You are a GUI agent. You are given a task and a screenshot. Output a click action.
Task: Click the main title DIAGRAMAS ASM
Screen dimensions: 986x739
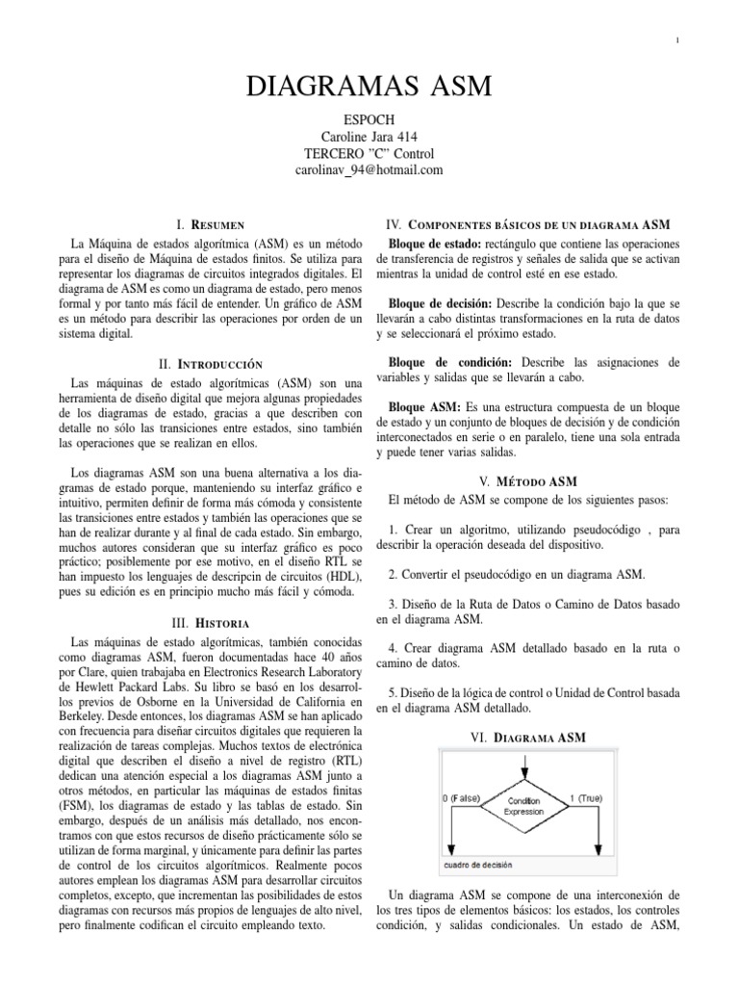pyautogui.click(x=369, y=88)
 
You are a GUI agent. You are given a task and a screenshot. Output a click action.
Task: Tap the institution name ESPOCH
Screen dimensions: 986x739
pyautogui.click(x=369, y=120)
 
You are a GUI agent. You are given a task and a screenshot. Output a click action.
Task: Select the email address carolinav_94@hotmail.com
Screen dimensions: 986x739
pyautogui.click(x=369, y=169)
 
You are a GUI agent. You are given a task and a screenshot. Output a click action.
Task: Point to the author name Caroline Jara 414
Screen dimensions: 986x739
pyautogui.click(x=369, y=137)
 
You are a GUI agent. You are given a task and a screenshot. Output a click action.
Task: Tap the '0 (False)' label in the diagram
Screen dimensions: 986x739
pyautogui.click(x=464, y=798)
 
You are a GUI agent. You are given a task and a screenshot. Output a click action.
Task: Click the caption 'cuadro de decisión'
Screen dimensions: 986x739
pyautogui.click(x=478, y=864)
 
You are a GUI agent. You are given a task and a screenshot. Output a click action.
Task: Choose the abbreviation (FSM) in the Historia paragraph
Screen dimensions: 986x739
pyautogui.click(x=77, y=805)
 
